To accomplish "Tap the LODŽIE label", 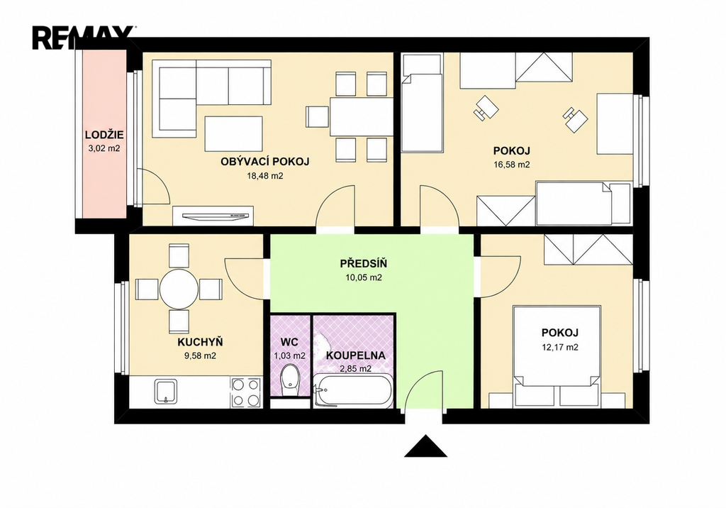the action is pos(104,136).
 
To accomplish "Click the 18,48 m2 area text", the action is pos(265,176).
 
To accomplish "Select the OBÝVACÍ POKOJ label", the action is pos(265,162).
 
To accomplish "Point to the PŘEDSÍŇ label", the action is pos(364,264).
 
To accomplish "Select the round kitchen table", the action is pos(179,289).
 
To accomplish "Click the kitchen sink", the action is pos(166,392).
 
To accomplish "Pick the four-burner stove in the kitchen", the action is pos(245,392).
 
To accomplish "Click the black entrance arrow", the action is pos(425,446).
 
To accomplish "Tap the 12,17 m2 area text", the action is pos(560,347).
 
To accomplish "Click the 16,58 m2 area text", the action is pos(512,165).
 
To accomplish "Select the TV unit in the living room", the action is pos(213,216).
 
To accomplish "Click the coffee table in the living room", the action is pos(234,133).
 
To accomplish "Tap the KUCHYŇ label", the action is pos(200,342).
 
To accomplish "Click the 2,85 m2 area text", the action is pos(356,369).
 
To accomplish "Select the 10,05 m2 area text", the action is pos(364,277).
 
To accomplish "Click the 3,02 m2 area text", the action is pos(104,149).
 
